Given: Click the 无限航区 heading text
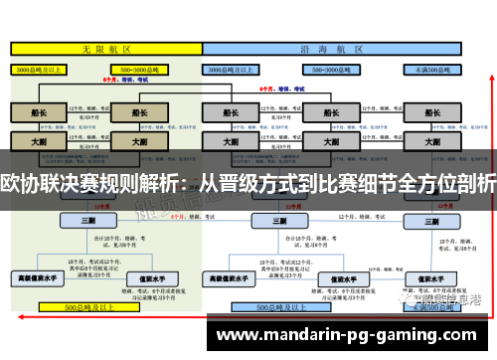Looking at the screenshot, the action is coord(100,48).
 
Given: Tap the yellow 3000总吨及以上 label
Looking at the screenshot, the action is coord(38,71).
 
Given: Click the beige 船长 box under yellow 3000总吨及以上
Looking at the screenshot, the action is coord(38,113).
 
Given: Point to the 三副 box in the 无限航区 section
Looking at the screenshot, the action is coord(88,221).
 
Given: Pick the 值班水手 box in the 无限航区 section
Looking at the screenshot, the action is coord(138,278).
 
